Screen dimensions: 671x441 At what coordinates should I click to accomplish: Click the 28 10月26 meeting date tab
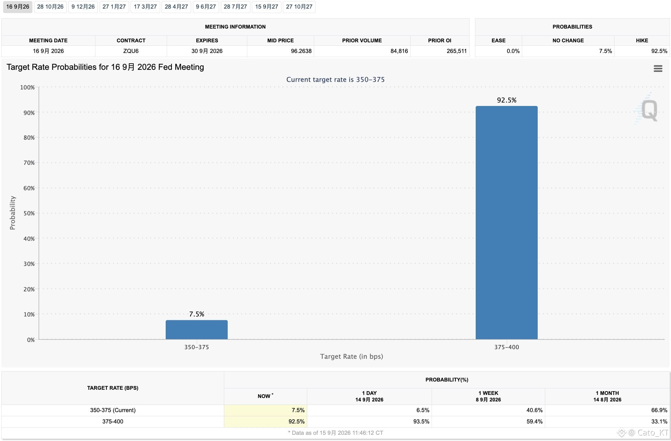pyautogui.click(x=50, y=7)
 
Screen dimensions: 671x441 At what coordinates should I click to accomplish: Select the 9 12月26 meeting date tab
pyautogui.click(x=83, y=7)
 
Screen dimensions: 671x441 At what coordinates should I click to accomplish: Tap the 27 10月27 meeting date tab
pyautogui.click(x=299, y=7)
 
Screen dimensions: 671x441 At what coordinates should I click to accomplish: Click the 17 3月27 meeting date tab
pyautogui.click(x=145, y=7)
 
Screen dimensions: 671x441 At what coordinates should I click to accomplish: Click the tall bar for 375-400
pyautogui.click(x=506, y=223)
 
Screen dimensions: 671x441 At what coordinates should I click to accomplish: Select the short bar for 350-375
pyautogui.click(x=196, y=330)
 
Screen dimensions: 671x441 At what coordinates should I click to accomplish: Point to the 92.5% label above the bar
pyautogui.click(x=506, y=100)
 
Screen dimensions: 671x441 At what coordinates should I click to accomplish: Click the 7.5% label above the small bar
pyautogui.click(x=196, y=314)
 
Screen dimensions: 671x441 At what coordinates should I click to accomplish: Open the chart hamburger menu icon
pyautogui.click(x=658, y=68)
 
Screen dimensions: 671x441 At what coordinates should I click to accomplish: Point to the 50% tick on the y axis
pyautogui.click(x=29, y=213)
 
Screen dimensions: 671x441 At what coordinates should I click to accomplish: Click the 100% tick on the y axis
pyautogui.click(x=27, y=87)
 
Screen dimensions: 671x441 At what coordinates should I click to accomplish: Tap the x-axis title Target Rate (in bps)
pyautogui.click(x=351, y=356)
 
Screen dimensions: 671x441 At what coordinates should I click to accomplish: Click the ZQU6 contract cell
pyautogui.click(x=131, y=51)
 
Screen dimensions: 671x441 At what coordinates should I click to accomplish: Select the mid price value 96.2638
pyautogui.click(x=301, y=51)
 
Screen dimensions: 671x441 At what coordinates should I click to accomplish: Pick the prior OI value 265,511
pyautogui.click(x=457, y=51)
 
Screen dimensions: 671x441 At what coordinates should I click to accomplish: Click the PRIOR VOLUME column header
pyautogui.click(x=362, y=40)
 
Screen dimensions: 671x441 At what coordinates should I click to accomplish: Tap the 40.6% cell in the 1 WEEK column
pyautogui.click(x=534, y=410)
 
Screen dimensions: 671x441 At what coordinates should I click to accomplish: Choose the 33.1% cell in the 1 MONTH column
pyautogui.click(x=659, y=421)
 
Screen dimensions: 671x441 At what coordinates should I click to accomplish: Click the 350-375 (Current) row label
pyautogui.click(x=113, y=410)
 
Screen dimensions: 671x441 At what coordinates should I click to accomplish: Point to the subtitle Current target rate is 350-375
pyautogui.click(x=335, y=79)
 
